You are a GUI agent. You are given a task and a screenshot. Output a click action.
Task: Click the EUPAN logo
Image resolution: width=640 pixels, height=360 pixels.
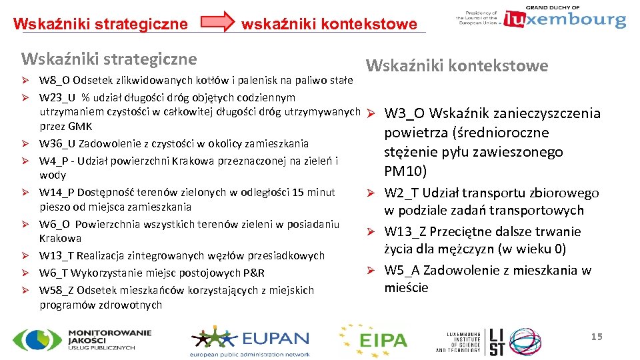tap(249, 341)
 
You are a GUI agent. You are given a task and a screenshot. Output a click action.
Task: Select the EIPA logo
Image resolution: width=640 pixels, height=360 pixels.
tap(373, 340)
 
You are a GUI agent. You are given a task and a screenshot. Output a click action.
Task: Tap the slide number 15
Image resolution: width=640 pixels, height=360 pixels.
tap(596, 337)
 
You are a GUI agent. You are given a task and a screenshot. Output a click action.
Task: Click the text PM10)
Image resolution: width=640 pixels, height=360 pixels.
tap(405, 172)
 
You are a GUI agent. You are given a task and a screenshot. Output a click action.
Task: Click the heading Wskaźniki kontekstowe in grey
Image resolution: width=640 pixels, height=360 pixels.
tap(457, 65)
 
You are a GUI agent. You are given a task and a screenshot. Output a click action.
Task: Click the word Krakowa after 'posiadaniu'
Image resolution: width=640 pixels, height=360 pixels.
tap(60, 238)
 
